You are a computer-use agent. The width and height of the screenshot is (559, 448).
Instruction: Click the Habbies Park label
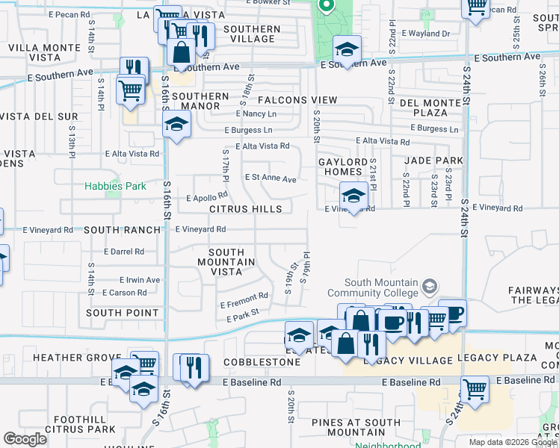pyautogui.click(x=114, y=186)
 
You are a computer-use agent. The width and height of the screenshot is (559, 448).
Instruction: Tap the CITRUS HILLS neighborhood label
pyautogui.click(x=246, y=210)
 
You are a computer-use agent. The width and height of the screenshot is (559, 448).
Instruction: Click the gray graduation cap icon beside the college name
pyautogui.click(x=430, y=286)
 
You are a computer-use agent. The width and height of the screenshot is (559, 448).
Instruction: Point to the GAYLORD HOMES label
pyautogui.click(x=343, y=167)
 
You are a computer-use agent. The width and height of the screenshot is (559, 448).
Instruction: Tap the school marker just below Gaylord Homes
pyautogui.click(x=353, y=197)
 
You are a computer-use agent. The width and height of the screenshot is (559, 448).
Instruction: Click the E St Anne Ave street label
pyautogui.click(x=271, y=179)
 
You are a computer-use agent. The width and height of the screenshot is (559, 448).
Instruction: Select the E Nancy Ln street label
pyautogui.click(x=256, y=113)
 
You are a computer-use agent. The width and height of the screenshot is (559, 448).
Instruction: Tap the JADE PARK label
pyautogui.click(x=433, y=161)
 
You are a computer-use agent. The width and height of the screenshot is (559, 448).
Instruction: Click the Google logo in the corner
pyautogui.click(x=25, y=439)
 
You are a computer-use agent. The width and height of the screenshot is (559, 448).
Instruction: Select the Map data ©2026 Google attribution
pyautogui.click(x=512, y=442)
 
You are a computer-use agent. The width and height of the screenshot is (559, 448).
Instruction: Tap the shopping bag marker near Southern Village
pyautogui.click(x=182, y=52)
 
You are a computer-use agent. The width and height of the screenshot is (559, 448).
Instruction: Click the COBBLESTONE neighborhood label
pyautogui.click(x=262, y=362)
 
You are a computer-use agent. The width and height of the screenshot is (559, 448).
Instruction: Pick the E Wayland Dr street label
pyautogui.click(x=425, y=34)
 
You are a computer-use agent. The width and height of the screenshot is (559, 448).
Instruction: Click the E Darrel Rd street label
pyautogui.click(x=123, y=252)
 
